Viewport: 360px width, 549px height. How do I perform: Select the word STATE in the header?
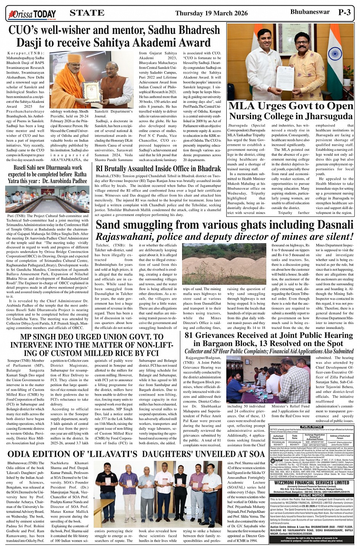pos(87,13)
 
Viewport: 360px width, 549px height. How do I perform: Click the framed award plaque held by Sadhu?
pos(92,91)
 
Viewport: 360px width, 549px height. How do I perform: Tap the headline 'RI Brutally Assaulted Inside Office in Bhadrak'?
pos(158,169)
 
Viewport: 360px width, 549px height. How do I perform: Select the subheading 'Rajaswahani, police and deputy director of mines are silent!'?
pos(224,236)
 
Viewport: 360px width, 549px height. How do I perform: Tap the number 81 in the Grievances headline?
pos(191,335)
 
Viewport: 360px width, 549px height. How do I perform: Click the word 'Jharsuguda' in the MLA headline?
pos(326,116)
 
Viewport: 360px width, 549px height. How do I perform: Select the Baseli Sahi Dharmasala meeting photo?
pos(47,199)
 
